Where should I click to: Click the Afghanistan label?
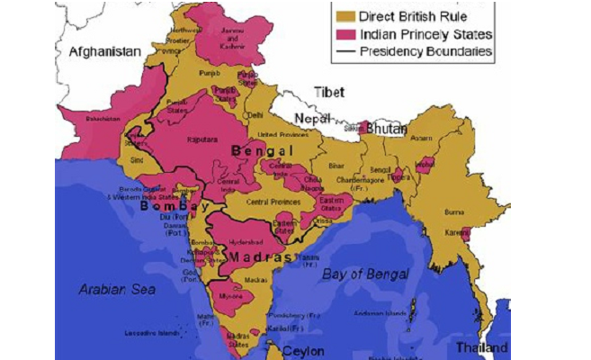pos(105,52)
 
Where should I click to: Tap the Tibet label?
pos(329,92)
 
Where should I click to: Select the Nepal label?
pos(311,119)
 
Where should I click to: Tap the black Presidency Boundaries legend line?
pos(345,52)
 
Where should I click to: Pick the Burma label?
pos(452,212)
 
